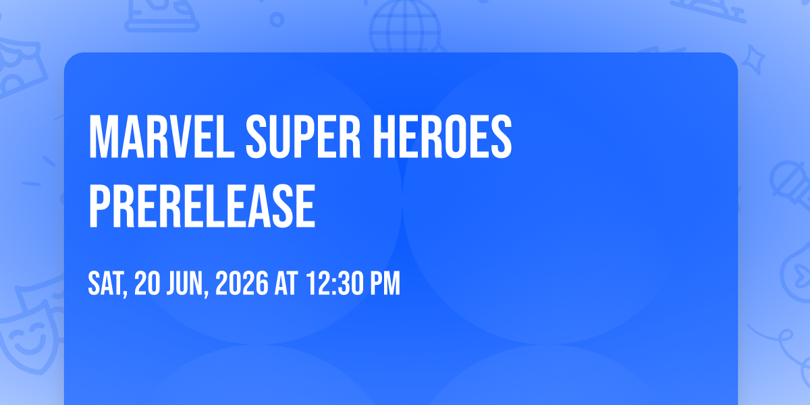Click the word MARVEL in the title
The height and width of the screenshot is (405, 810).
[x=161, y=136]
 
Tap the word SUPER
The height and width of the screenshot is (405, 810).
[x=303, y=136]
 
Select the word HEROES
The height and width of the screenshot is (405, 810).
[x=442, y=136]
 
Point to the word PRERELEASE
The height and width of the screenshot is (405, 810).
[x=202, y=206]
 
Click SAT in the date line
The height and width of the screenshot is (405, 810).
[x=107, y=284]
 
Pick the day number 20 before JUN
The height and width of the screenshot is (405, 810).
[x=147, y=283]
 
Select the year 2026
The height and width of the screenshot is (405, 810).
[x=242, y=283]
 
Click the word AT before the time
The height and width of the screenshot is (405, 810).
[x=286, y=283]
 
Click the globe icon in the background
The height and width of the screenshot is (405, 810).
[x=405, y=26]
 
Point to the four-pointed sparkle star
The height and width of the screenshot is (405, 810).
[x=753, y=59]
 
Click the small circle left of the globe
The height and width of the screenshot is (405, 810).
[x=277, y=20]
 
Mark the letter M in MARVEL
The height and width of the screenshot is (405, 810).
[x=103, y=136]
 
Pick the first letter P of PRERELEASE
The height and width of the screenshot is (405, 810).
[x=100, y=206]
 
